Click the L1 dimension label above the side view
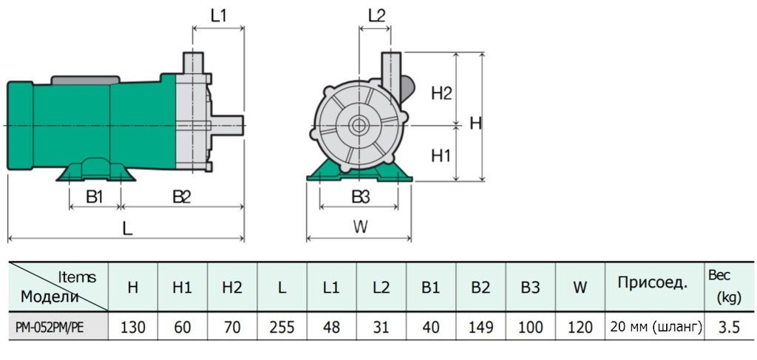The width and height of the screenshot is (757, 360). (x=218, y=16)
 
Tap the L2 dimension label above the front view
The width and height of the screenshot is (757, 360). (x=376, y=16)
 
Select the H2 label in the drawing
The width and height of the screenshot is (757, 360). (x=441, y=93)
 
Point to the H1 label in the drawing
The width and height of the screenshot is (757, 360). (x=441, y=156)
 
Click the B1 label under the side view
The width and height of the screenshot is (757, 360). (x=94, y=197)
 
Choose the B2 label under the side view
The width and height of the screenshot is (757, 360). (x=182, y=197)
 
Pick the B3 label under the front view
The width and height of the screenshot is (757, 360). (x=360, y=197)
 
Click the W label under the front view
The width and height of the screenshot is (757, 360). (x=359, y=228)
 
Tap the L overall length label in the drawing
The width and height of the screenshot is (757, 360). (x=127, y=228)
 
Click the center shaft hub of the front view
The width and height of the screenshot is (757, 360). (x=360, y=125)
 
